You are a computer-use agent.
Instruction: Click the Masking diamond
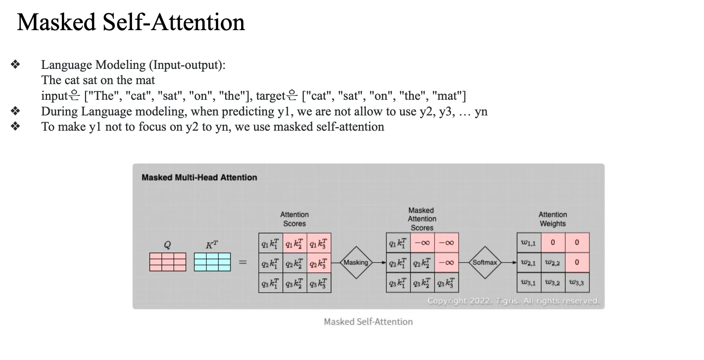point(356,263)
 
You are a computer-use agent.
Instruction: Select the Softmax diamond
point(485,263)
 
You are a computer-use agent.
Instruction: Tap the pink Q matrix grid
point(168,262)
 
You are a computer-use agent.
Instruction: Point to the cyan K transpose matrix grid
point(212,262)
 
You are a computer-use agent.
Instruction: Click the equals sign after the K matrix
point(243,262)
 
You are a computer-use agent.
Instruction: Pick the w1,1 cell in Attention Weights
point(529,243)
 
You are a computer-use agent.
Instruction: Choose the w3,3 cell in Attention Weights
point(577,283)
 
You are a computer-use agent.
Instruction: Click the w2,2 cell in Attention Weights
point(552,263)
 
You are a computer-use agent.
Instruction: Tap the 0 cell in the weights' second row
point(577,263)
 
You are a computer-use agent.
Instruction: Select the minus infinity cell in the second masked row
point(446,263)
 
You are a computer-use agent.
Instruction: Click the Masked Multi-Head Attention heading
point(199,178)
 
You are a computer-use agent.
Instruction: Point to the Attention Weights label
point(552,219)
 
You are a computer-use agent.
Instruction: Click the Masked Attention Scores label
point(422,219)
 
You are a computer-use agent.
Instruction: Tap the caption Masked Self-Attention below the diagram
point(368,322)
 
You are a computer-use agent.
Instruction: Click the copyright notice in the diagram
point(513,301)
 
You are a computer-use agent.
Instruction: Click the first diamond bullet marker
point(16,65)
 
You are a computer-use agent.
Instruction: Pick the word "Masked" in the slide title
point(56,22)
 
